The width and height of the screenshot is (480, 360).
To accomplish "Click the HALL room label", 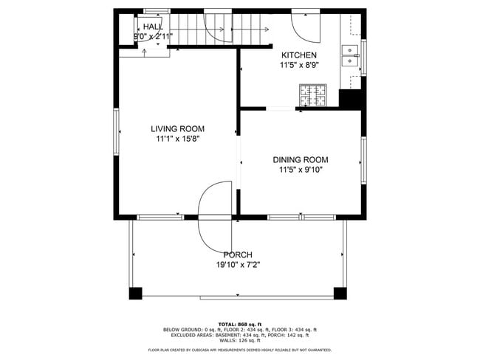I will (153, 26).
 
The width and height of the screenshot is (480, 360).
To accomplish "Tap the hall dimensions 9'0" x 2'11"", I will (153, 36).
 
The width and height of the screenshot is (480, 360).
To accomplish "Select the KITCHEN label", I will (299, 55).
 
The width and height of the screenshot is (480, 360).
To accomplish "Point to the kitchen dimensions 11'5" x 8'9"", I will (299, 66).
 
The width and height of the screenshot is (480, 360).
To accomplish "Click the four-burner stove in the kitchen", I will (313, 96).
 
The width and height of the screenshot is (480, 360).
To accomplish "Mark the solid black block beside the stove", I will (349, 99).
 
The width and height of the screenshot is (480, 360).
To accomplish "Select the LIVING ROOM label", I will (178, 128).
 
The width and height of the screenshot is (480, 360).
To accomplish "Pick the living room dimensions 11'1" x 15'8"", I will (178, 139).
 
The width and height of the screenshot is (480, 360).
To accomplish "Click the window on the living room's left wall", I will (116, 132).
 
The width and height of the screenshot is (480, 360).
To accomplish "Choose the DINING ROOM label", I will (301, 159).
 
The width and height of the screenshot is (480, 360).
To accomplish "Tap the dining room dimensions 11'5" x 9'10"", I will (301, 170).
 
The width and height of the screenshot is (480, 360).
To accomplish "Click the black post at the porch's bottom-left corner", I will (135, 293).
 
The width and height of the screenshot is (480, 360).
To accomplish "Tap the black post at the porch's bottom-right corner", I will (341, 293).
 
